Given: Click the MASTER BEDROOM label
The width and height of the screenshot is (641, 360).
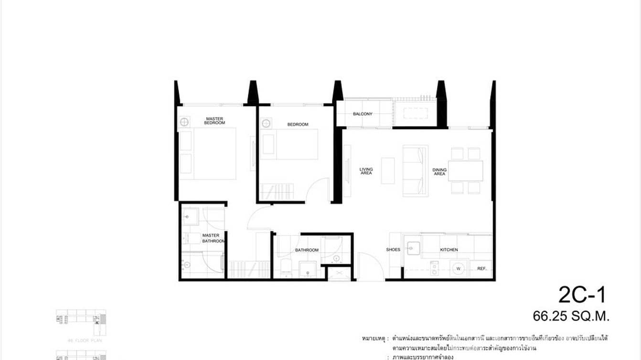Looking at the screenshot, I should (x=214, y=121).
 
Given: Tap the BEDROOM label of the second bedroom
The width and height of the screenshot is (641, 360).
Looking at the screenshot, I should (x=298, y=125).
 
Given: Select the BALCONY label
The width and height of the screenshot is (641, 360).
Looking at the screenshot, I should (x=363, y=114).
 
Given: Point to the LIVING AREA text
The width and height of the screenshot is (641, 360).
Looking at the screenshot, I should (x=366, y=171).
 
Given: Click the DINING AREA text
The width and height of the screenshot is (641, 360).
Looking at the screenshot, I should (x=439, y=171).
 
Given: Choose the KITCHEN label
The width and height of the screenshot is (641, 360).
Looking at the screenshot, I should (x=449, y=250).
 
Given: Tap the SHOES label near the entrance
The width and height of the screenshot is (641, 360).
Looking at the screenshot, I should (x=393, y=250).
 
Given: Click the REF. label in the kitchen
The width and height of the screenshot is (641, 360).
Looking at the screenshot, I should (x=481, y=269).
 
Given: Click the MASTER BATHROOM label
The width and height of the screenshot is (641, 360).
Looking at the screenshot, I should (x=212, y=238).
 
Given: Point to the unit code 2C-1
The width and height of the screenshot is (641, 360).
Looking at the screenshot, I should (x=582, y=295).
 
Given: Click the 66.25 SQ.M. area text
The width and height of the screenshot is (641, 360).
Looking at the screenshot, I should (x=571, y=316).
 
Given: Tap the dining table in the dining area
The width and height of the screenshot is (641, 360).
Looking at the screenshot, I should (x=466, y=171).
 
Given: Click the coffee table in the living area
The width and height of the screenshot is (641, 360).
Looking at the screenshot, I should (x=388, y=171).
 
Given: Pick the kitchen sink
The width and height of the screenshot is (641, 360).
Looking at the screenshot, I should (x=413, y=248).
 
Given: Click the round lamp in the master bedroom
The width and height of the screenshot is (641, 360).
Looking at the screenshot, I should (x=184, y=122).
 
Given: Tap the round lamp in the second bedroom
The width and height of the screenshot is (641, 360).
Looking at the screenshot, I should (x=266, y=124).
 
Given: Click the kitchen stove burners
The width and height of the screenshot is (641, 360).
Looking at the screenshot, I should (x=434, y=268).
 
